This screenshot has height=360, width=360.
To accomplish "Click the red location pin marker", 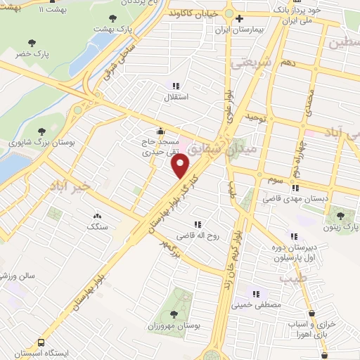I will coord(181,166).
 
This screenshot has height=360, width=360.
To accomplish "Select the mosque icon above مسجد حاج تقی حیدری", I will coord(160,130).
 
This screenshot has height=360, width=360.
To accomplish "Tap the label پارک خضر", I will coord(34,53).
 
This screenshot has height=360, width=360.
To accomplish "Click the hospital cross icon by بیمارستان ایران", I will coord(240,18).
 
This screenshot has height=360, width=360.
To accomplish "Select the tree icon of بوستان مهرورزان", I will coord(172,314).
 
